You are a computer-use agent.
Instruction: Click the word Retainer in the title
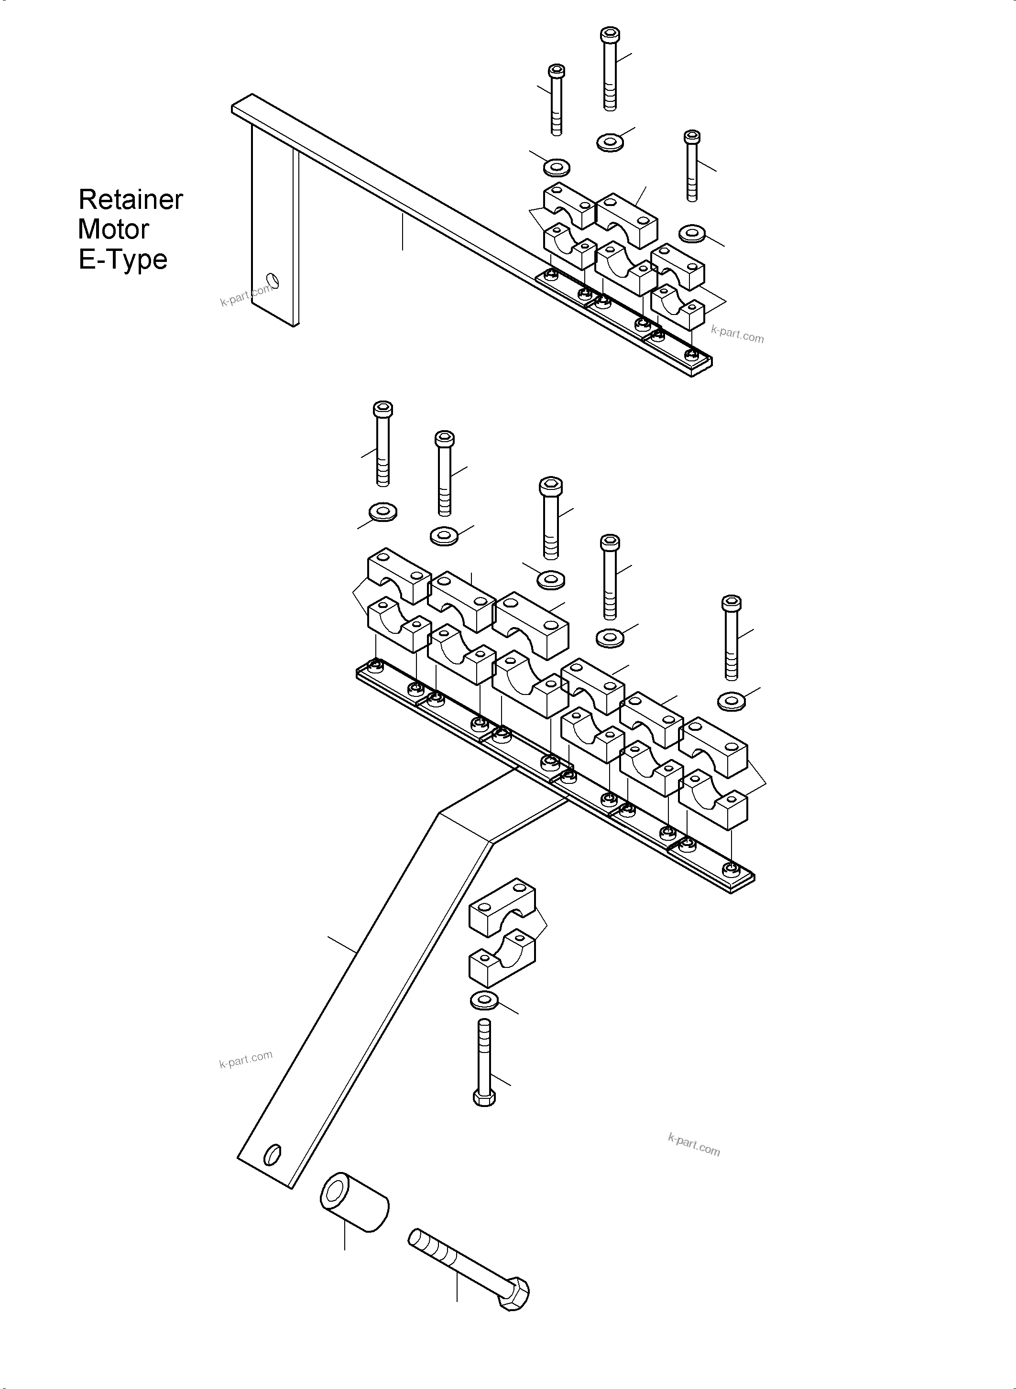131,200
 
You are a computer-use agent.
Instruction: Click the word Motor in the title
114,229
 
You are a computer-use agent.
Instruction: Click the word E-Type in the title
123,260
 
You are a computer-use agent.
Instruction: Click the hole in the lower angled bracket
272,1154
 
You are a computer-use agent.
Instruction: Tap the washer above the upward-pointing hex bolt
485,1000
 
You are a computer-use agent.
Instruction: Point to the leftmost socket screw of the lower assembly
382,443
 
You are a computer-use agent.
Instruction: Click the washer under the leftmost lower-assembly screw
382,511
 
